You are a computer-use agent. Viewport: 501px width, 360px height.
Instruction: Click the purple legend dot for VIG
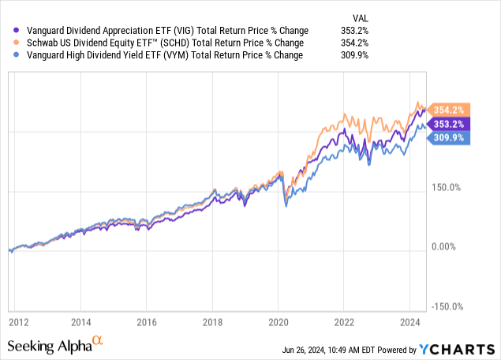click(x=9, y=31)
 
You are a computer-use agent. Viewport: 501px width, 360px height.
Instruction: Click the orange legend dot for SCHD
click(x=9, y=43)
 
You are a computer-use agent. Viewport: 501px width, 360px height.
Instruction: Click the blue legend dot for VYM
click(x=9, y=56)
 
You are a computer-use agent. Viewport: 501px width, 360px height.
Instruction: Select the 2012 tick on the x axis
click(x=20, y=323)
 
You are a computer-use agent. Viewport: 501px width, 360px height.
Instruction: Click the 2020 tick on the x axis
click(x=279, y=323)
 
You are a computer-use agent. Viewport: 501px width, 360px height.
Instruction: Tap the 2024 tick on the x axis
click(x=409, y=323)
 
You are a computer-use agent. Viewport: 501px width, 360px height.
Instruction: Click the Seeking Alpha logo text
click(x=49, y=347)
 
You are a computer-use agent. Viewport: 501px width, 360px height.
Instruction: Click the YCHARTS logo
click(x=461, y=349)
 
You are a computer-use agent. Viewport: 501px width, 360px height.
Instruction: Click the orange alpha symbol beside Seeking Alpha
click(x=98, y=342)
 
